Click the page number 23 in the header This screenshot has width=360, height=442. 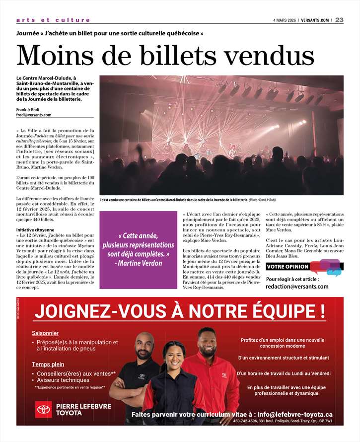(339, 20)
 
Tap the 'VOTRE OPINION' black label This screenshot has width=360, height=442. (288, 267)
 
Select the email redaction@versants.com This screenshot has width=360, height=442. (297, 287)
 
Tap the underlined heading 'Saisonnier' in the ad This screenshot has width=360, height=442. (46, 333)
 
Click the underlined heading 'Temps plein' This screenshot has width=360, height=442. (48, 365)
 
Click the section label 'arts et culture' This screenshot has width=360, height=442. (53, 20)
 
